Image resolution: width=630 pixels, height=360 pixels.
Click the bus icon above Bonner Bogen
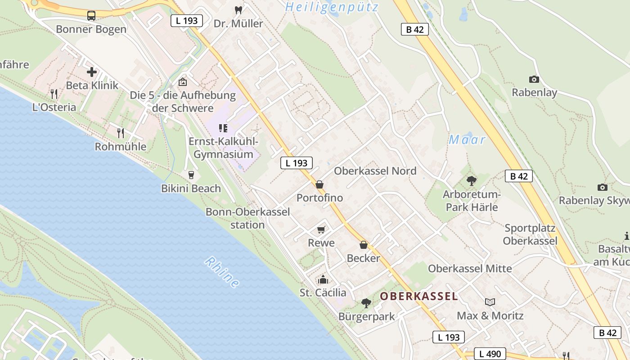pyautogui.click(x=91, y=16)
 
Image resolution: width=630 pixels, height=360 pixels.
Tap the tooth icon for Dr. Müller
pyautogui.click(x=238, y=10)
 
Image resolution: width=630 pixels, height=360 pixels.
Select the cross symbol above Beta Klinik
pyautogui.click(x=92, y=72)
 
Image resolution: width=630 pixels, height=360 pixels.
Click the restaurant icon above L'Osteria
pyautogui.click(x=54, y=94)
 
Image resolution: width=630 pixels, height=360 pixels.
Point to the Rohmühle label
pyautogui.click(x=121, y=147)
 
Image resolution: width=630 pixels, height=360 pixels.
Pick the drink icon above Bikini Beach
pyautogui.click(x=191, y=175)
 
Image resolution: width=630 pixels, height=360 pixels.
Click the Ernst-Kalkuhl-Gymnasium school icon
pyautogui.click(x=223, y=128)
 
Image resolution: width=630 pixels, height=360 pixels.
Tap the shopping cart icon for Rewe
pyautogui.click(x=321, y=230)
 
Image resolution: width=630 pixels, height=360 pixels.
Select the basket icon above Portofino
pyautogui.click(x=319, y=184)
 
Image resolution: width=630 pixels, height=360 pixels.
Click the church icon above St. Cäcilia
pyautogui.click(x=323, y=279)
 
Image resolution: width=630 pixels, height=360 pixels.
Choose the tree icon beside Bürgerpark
pyautogui.click(x=366, y=303)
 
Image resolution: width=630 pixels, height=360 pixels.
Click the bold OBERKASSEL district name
pyautogui.click(x=418, y=296)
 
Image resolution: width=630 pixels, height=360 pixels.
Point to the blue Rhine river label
pyautogui.click(x=222, y=272)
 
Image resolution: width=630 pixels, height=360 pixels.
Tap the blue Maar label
pyautogui.click(x=467, y=140)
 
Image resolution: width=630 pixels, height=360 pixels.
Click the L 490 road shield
pyautogui.click(x=490, y=354)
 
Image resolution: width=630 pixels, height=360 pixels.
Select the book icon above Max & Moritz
pyautogui.click(x=490, y=302)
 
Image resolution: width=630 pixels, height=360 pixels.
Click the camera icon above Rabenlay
pyautogui.click(x=534, y=79)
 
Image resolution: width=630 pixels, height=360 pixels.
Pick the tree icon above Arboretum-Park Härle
pyautogui.click(x=471, y=181)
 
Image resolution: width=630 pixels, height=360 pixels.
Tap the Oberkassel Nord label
pyautogui.click(x=375, y=171)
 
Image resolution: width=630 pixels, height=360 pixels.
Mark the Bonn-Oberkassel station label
pyautogui.click(x=247, y=218)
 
